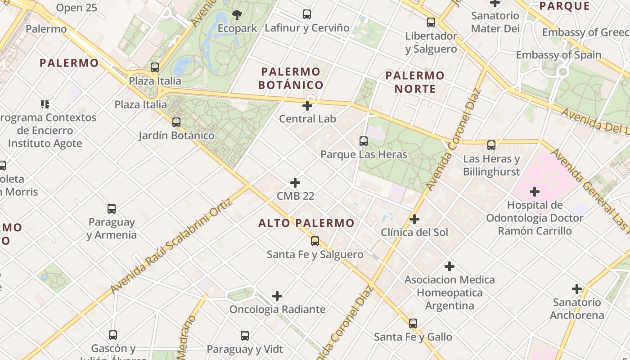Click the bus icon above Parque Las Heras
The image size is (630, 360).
click(364, 141)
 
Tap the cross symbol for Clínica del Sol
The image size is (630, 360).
click(414, 219)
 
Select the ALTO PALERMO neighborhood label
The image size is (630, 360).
click(306, 223)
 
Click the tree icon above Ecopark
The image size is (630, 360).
click(237, 15)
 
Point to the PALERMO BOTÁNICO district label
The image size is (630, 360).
click(291, 78)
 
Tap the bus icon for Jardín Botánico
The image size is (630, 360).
click(176, 122)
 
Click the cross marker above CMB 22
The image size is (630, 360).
click(295, 183)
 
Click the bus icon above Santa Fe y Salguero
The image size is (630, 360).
click(315, 241)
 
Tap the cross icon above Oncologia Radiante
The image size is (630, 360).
click(277, 296)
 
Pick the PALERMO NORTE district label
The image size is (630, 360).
click(415, 82)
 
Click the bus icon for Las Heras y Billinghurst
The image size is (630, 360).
click(491, 145)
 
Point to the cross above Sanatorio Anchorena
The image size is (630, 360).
click(577, 289)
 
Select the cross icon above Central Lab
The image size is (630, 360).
click(307, 106)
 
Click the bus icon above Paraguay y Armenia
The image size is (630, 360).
click(112, 209)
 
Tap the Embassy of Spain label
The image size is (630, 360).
click(558, 55)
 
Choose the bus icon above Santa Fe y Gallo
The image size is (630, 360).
click(413, 323)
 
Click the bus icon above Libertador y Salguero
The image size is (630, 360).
click(431, 22)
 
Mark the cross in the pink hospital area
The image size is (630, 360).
click(535, 192)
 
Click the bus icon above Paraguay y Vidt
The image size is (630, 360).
click(245, 335)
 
